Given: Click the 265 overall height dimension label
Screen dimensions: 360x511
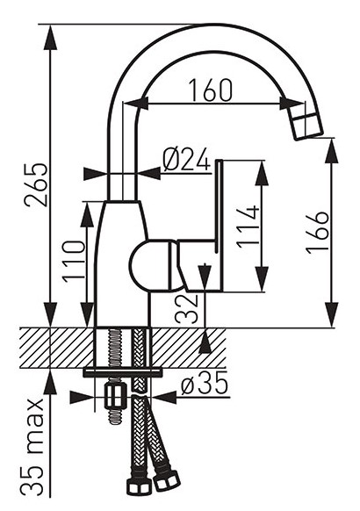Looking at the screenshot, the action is [x=37, y=184].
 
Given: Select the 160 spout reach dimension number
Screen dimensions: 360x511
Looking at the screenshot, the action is [x=211, y=90].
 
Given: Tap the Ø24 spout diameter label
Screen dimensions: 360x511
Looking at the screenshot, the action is [x=186, y=160].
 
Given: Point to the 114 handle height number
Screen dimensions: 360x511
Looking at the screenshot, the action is [x=248, y=227].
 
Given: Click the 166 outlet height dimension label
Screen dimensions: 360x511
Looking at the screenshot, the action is [x=318, y=232].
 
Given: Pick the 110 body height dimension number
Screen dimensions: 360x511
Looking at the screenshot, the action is [x=75, y=262].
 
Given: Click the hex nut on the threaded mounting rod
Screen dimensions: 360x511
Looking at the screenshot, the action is [x=115, y=396].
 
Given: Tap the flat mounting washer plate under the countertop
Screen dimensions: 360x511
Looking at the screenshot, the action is [x=123, y=372].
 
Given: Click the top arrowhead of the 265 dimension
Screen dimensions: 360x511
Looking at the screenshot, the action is [x=50, y=37].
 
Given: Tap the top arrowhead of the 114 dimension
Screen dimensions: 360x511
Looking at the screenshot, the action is [x=262, y=174].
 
